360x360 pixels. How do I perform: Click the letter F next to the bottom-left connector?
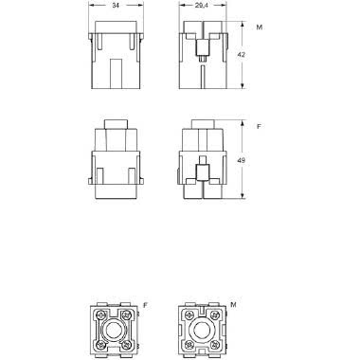click(x=145, y=305)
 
